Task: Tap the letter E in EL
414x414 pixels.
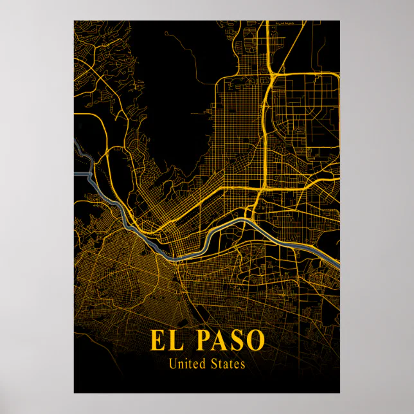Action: point(158,340)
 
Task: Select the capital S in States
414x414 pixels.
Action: point(213,364)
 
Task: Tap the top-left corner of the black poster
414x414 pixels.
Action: point(74,21)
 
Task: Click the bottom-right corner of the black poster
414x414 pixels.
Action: point(339,393)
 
